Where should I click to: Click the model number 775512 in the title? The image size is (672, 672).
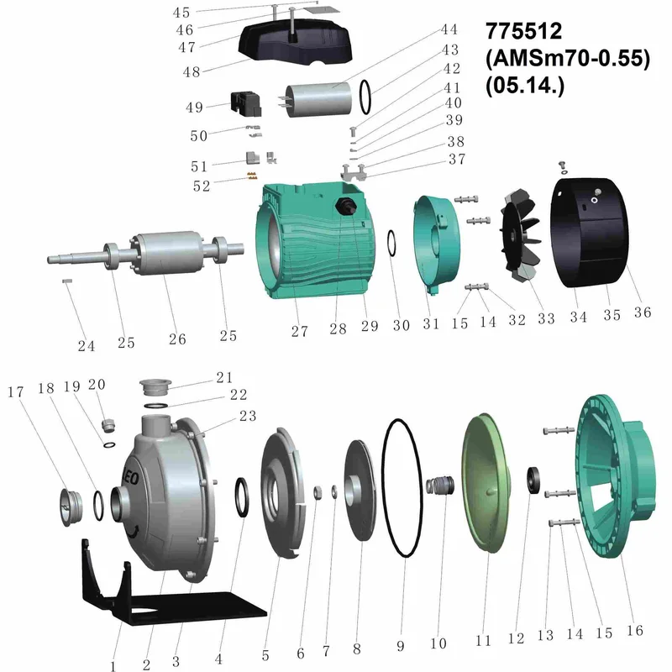click(523, 31)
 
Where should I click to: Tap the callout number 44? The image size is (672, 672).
click(449, 29)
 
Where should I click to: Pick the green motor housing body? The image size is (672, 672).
click(314, 239)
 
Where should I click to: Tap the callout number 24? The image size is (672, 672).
click(87, 345)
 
